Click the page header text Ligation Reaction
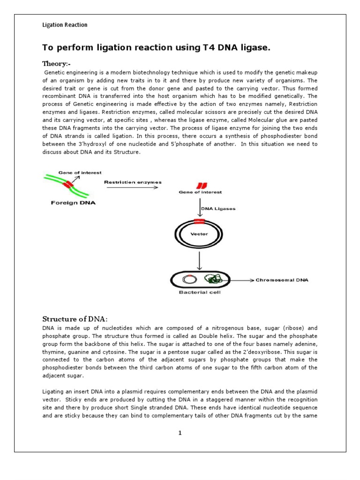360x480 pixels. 65,25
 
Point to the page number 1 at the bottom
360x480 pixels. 180,433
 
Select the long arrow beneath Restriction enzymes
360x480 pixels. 132,188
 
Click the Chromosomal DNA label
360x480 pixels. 279,280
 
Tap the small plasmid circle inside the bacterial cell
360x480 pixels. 189,279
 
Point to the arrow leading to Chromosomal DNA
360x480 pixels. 241,280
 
